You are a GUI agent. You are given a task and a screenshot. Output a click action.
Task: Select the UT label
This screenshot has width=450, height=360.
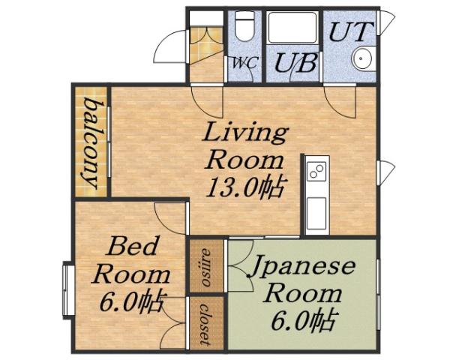[347, 32]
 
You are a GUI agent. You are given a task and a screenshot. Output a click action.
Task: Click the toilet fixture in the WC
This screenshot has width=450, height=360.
[244, 28]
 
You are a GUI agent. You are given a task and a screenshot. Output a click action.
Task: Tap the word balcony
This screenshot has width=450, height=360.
[92, 141]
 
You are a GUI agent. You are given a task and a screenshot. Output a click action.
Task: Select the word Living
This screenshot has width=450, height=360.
[246, 133]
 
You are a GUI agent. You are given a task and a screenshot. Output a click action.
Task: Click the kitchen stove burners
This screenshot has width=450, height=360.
[315, 173]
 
